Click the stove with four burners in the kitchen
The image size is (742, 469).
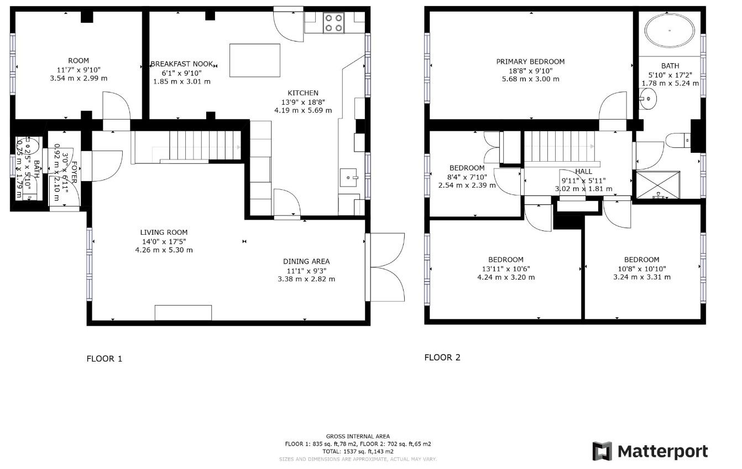(333, 23)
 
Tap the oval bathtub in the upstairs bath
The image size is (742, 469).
(670, 31)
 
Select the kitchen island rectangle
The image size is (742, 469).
(254, 60)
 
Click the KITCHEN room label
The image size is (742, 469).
(302, 92)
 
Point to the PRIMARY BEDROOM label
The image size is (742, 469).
(530, 61)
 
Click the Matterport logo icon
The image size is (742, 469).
(602, 451)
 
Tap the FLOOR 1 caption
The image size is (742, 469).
(104, 359)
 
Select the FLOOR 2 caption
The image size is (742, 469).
(442, 357)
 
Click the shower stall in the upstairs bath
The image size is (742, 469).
(657, 185)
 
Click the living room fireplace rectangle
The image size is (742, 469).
(183, 312)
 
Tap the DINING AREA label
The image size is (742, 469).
(306, 261)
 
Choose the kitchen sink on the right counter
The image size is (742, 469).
(349, 178)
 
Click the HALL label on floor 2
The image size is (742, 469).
(583, 172)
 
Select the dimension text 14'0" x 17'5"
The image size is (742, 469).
(164, 241)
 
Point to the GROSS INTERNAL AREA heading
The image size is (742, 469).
(358, 436)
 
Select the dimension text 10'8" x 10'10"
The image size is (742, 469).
(641, 269)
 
